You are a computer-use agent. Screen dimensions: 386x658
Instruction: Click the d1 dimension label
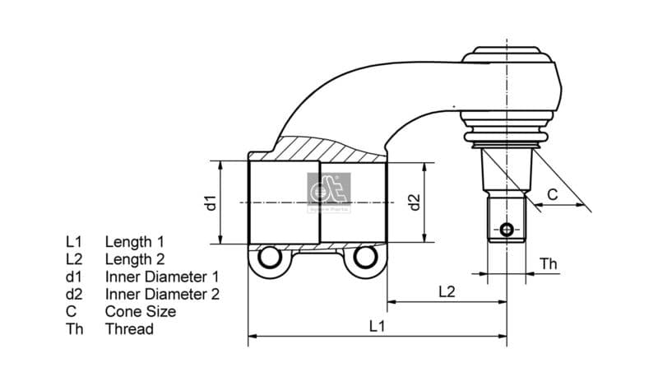(211, 202)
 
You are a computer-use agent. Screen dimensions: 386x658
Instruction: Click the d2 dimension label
(415, 202)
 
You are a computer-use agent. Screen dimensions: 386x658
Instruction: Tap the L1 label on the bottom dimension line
(377, 326)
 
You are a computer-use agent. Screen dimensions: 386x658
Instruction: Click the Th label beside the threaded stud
(549, 263)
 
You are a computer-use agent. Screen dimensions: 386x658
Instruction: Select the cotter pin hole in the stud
(507, 229)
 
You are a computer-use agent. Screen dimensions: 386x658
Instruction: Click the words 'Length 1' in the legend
(134, 242)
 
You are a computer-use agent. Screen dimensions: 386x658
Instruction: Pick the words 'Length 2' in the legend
(134, 259)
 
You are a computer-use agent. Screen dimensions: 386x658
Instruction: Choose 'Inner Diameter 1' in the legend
(162, 277)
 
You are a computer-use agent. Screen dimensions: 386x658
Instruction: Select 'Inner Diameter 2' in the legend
(162, 294)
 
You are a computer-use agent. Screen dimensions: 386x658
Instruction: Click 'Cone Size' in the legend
(141, 311)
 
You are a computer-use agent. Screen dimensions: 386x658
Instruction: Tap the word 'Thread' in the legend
(129, 329)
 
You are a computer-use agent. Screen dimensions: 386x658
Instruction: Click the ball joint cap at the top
(507, 55)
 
